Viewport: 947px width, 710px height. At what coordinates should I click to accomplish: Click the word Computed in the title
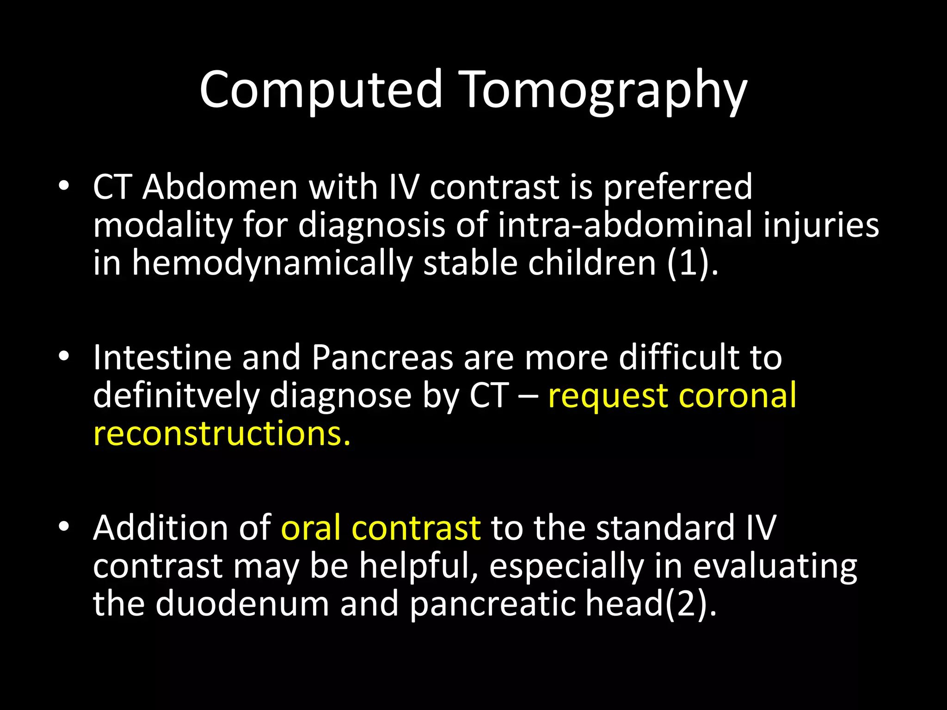click(x=321, y=89)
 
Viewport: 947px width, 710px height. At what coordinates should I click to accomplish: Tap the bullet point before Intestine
click(x=64, y=356)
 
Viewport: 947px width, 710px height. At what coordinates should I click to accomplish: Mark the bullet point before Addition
click(x=64, y=526)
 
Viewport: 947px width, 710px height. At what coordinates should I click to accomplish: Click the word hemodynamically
click(x=272, y=263)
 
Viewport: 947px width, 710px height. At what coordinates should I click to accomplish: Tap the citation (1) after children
click(x=689, y=263)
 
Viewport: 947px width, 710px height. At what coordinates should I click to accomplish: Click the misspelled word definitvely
click(x=176, y=396)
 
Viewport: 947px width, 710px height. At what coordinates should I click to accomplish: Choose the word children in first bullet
click(x=592, y=263)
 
